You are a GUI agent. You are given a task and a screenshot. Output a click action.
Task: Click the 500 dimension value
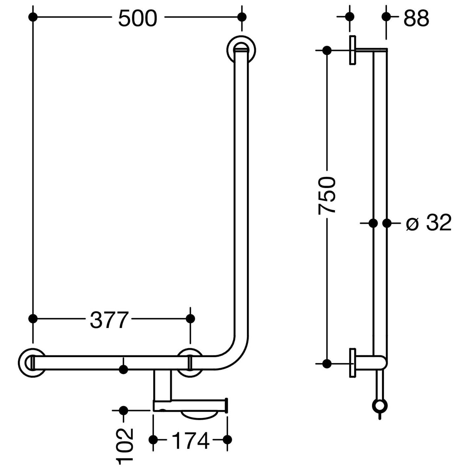pos(138,18)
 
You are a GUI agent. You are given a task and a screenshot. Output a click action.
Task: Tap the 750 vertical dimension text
pos(327,196)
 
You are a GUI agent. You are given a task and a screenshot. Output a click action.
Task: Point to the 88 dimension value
pos(416,18)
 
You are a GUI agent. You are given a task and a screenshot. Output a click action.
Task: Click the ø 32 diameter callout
pos(429,223)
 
